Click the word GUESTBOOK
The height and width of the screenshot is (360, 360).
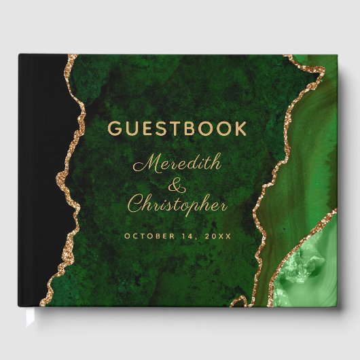(x=177, y=128)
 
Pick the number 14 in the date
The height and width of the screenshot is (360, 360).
(x=188, y=236)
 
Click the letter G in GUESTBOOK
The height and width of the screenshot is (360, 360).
(x=114, y=128)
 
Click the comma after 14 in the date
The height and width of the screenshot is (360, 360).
(x=196, y=238)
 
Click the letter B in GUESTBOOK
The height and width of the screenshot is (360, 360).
(x=193, y=128)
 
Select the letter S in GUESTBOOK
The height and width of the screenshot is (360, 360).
(x=162, y=128)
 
